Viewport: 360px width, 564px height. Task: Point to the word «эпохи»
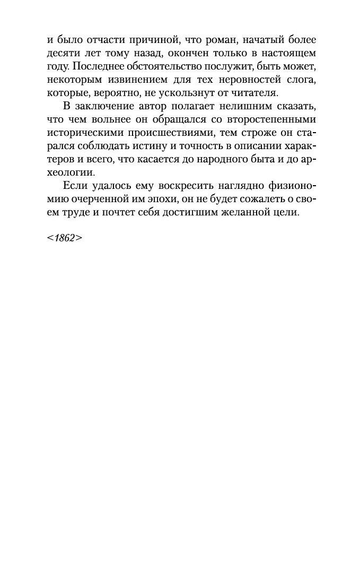coord(171,198)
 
